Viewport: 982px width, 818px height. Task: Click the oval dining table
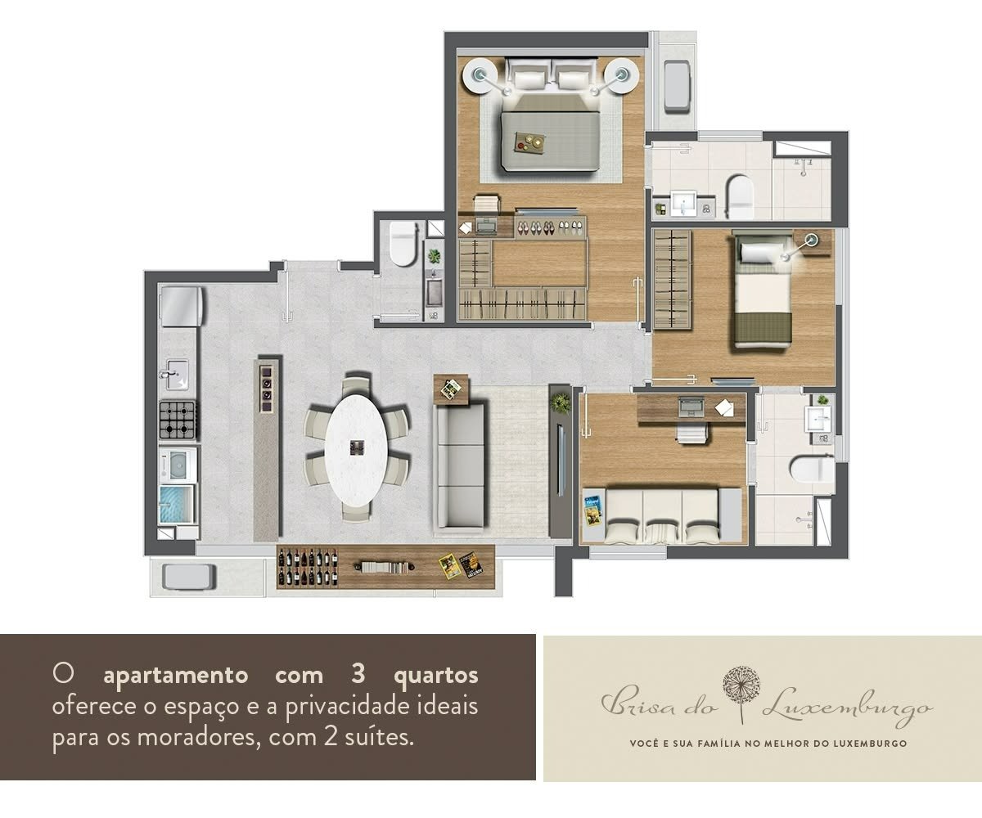tap(356, 450)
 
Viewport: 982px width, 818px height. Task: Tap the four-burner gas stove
tap(178, 420)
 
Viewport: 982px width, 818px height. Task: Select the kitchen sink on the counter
tap(178, 374)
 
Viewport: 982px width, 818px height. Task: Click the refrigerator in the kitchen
tap(181, 306)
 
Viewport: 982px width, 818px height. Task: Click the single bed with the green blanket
tap(763, 292)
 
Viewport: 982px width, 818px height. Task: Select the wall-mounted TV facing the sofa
tap(560, 459)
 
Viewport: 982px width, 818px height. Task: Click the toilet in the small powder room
tap(403, 244)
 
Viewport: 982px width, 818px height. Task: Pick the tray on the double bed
tap(530, 142)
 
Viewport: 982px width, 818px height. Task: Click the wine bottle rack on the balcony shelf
tap(308, 567)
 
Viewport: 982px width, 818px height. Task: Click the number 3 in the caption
tap(358, 674)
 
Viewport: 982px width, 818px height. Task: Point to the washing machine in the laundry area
tap(178, 465)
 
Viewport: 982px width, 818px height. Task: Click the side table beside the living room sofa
tap(451, 389)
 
